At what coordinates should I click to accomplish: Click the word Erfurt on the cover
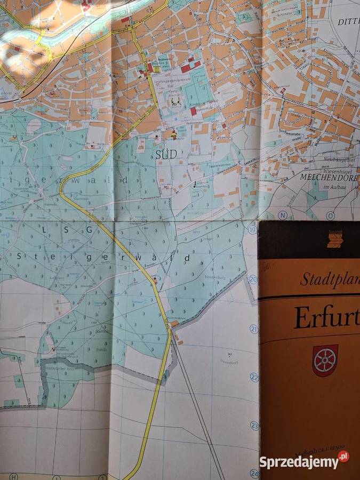pos(326,318)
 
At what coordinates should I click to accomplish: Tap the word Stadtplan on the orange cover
pos(329,278)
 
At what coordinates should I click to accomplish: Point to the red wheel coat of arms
pos(325,361)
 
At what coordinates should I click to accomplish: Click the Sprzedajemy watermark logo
pos(304,461)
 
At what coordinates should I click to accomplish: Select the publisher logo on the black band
pos(335,239)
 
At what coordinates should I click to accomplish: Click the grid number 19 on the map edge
pos(252,229)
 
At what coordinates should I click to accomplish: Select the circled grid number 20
pos(253,279)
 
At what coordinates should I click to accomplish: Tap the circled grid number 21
pos(254,329)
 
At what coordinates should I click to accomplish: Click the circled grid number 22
pos(254,377)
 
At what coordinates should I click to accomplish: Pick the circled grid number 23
pos(255,426)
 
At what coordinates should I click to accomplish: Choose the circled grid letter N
pos(283,215)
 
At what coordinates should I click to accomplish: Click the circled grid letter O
pos(330,215)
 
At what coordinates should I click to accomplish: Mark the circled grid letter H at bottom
pos(14,476)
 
